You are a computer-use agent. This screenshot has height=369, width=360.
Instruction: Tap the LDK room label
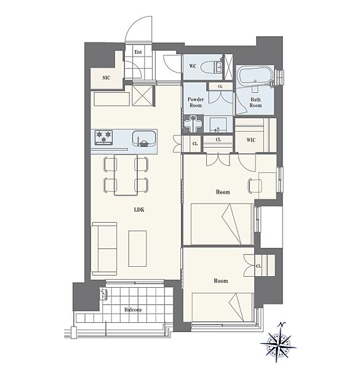(x=139, y=210)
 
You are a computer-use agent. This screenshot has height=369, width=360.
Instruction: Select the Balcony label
(x=134, y=310)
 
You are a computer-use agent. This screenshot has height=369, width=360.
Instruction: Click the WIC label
(x=251, y=140)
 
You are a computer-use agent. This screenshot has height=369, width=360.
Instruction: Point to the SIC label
(x=106, y=77)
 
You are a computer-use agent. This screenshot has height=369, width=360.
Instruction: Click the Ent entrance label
(x=138, y=52)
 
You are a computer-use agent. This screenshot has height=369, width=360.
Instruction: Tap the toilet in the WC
(x=212, y=67)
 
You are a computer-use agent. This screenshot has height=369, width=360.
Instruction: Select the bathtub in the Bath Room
(x=255, y=77)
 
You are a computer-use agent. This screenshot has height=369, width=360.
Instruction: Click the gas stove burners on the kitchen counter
(x=103, y=137)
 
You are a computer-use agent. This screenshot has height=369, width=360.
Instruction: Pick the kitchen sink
(x=143, y=139)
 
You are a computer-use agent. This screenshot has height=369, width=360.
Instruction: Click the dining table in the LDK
(x=126, y=175)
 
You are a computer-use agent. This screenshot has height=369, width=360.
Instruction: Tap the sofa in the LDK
(x=104, y=248)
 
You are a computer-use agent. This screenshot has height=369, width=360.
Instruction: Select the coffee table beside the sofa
(x=137, y=248)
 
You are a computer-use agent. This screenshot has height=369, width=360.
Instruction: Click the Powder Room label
(x=196, y=102)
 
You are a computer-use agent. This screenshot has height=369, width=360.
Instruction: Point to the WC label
(x=193, y=66)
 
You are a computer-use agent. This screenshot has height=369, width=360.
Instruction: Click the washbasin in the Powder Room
(x=218, y=125)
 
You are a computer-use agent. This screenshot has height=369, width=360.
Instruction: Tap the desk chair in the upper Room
(x=254, y=186)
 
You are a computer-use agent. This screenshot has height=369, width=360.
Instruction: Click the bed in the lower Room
(x=223, y=307)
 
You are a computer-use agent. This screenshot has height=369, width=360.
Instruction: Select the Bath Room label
(x=256, y=102)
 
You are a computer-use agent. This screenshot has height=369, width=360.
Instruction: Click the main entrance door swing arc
(x=131, y=24)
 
